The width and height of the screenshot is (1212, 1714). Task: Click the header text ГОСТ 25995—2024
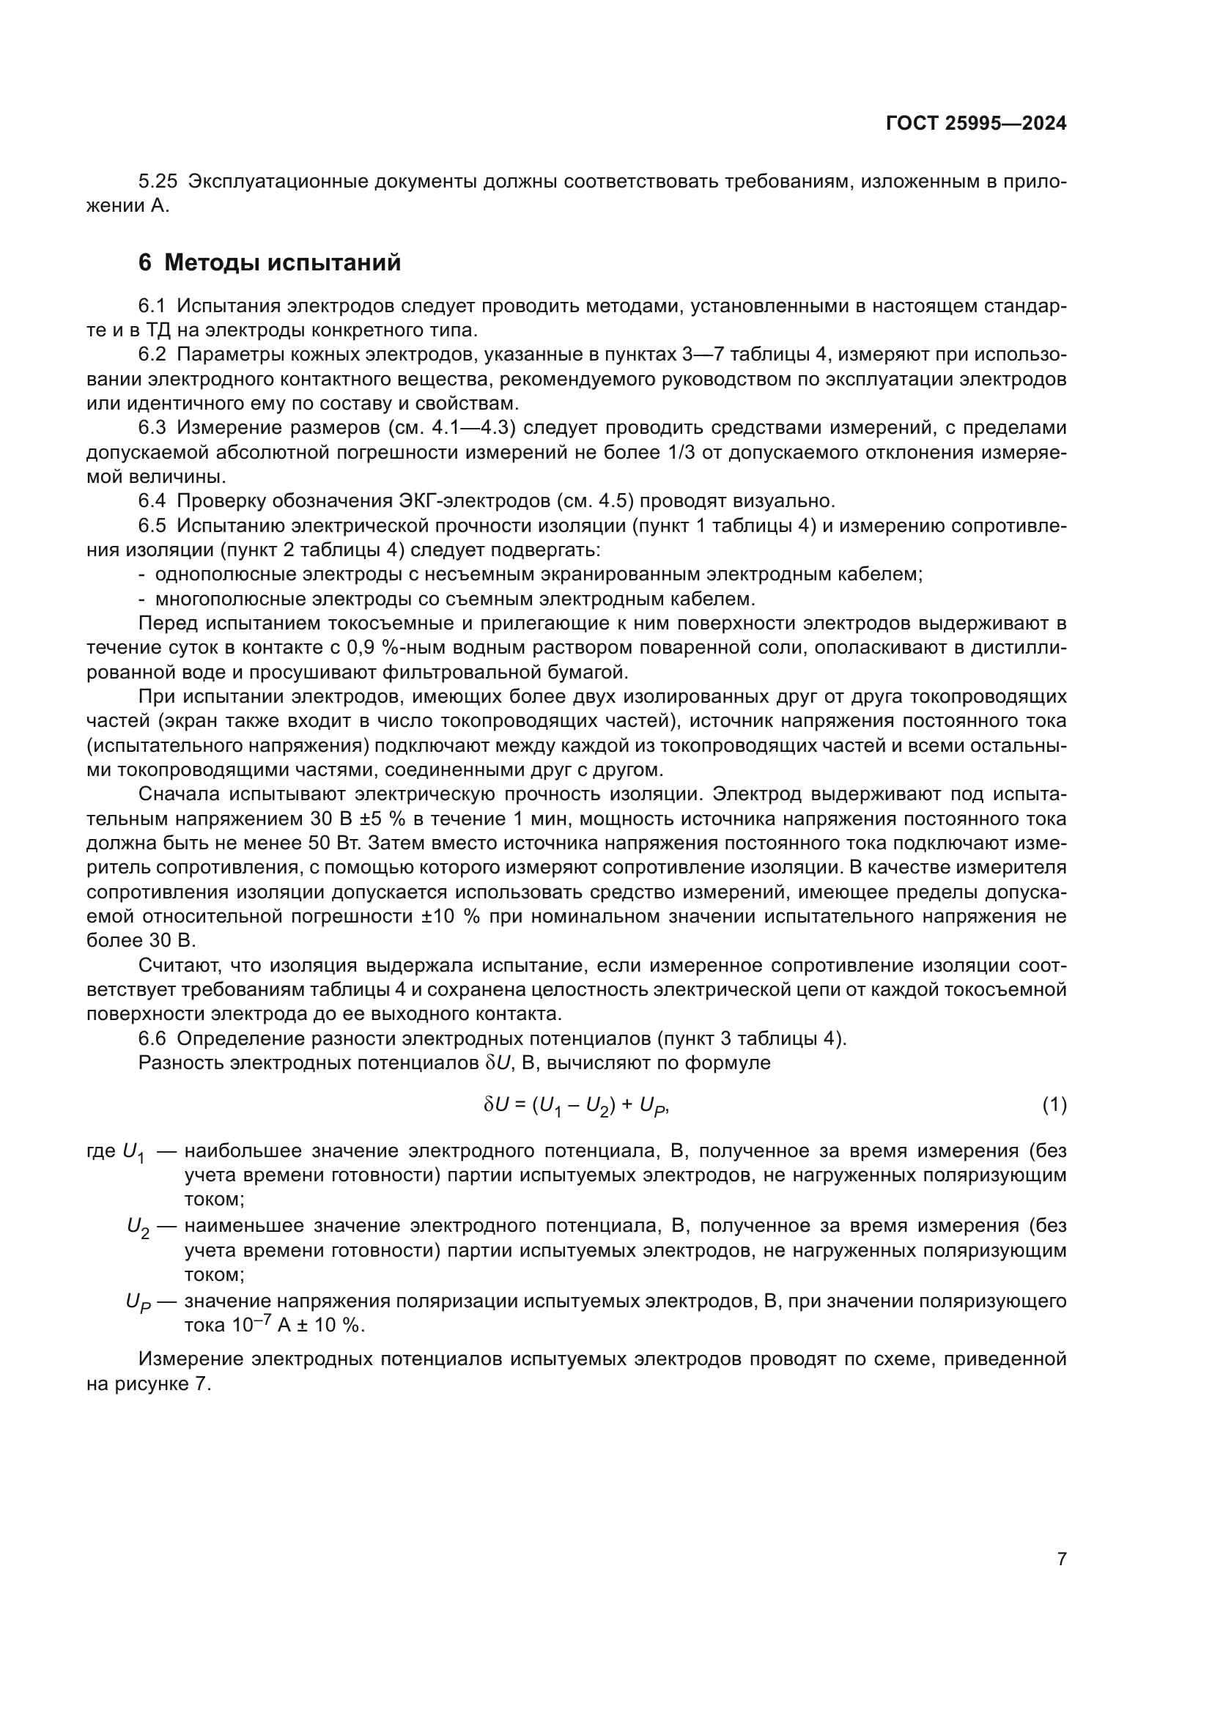(975, 124)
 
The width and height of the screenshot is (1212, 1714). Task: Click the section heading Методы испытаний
(282, 263)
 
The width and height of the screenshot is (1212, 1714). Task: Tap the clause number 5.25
(158, 182)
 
